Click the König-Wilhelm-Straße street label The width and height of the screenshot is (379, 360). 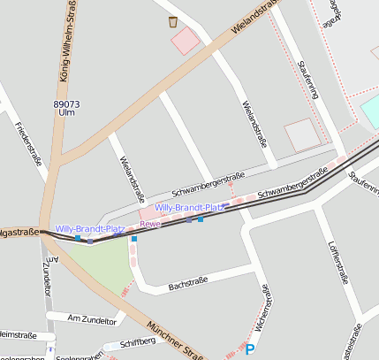(65, 42)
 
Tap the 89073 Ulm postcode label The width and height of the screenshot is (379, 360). (66, 109)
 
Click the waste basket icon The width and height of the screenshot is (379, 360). (172, 22)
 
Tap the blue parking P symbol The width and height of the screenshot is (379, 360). (250, 350)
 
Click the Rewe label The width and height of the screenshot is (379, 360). (149, 225)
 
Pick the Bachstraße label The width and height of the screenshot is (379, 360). (187, 282)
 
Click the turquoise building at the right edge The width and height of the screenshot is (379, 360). (370, 111)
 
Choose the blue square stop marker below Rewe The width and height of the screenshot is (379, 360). (134, 238)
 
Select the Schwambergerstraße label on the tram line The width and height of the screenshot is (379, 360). (292, 187)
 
